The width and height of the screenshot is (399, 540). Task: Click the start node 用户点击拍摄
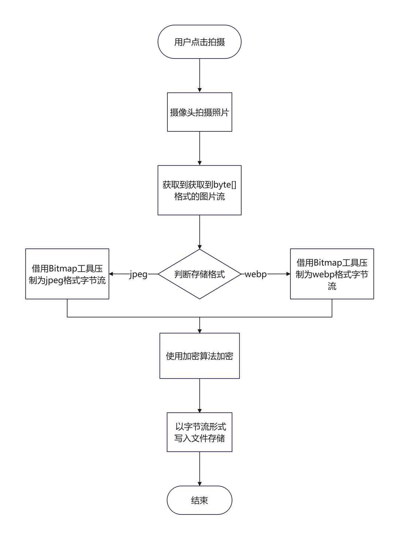[199, 41]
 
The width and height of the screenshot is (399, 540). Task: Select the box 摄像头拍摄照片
[199, 112]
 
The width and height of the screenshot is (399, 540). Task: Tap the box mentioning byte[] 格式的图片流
[199, 190]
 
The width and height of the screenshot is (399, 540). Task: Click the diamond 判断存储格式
[199, 274]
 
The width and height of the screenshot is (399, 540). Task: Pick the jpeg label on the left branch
[138, 274]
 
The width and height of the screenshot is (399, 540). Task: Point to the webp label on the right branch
[256, 274]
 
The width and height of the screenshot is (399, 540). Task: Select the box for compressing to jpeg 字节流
[67, 274]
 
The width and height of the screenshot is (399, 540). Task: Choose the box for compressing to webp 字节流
[332, 274]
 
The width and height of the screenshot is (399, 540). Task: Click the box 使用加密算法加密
[199, 356]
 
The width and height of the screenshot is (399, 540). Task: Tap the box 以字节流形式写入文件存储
[199, 432]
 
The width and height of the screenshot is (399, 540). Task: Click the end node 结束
[199, 500]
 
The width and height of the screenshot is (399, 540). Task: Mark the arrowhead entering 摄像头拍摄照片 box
[199, 90]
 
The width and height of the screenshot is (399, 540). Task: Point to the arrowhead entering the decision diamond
[199, 247]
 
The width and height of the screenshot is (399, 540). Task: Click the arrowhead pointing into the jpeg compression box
[111, 274]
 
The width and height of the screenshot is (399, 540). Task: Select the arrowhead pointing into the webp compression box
[288, 274]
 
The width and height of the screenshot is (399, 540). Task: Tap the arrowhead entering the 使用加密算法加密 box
[199, 331]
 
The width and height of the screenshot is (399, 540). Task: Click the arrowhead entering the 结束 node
[199, 484]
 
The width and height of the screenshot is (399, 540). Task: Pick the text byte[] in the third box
[225, 185]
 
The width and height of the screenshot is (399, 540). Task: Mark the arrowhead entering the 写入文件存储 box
[199, 411]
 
